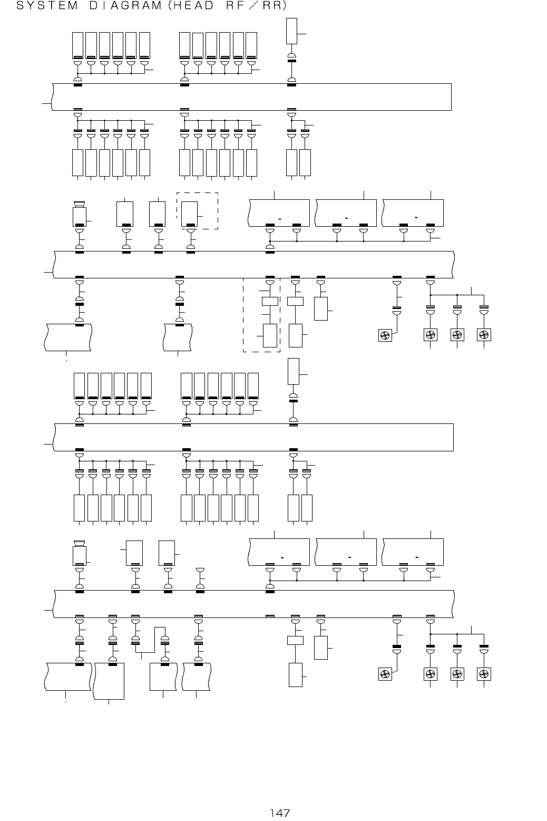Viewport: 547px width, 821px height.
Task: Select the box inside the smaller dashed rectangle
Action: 189,214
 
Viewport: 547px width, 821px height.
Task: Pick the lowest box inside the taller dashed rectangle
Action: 270,336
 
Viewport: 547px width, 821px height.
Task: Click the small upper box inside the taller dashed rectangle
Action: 270,302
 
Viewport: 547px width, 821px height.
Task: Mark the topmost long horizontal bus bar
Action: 252,96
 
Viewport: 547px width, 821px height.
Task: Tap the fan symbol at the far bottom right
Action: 484,674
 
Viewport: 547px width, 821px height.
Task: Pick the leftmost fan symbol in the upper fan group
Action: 385,335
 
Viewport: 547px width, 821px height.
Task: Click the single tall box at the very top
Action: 291,31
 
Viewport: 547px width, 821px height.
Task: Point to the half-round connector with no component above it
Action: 200,571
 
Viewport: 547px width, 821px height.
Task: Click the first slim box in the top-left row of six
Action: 77,45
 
